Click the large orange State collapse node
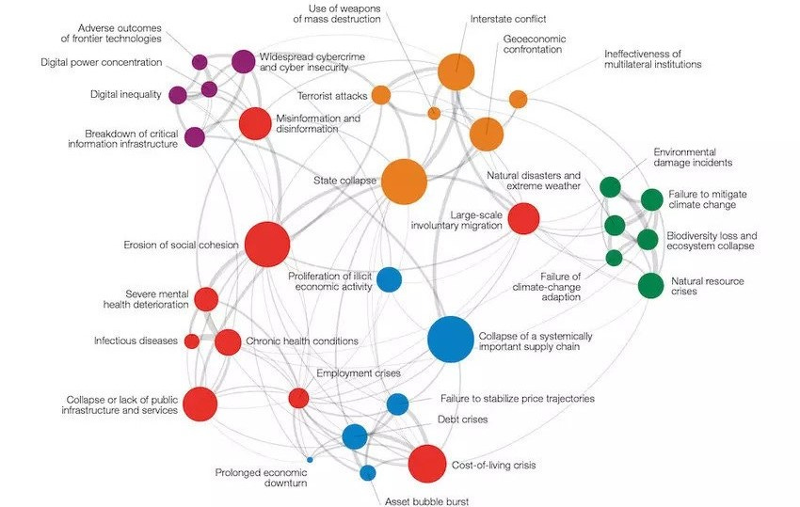click(x=404, y=182)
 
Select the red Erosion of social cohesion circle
click(x=267, y=245)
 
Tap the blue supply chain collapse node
click(x=451, y=339)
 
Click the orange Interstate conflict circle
click(x=456, y=71)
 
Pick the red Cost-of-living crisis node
click(x=426, y=464)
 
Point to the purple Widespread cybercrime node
click(x=243, y=61)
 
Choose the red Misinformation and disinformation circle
click(x=254, y=123)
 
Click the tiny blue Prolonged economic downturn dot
click(x=310, y=459)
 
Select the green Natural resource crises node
click(x=650, y=285)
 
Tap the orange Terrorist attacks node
click(x=380, y=95)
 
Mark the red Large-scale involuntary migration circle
click(x=523, y=218)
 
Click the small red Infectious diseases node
click(x=192, y=341)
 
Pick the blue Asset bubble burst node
click(x=368, y=472)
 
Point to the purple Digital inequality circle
click(x=178, y=94)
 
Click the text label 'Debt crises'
click(x=462, y=420)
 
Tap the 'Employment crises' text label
click(x=359, y=373)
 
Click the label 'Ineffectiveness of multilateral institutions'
click(x=652, y=59)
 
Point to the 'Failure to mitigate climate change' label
click(x=708, y=198)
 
